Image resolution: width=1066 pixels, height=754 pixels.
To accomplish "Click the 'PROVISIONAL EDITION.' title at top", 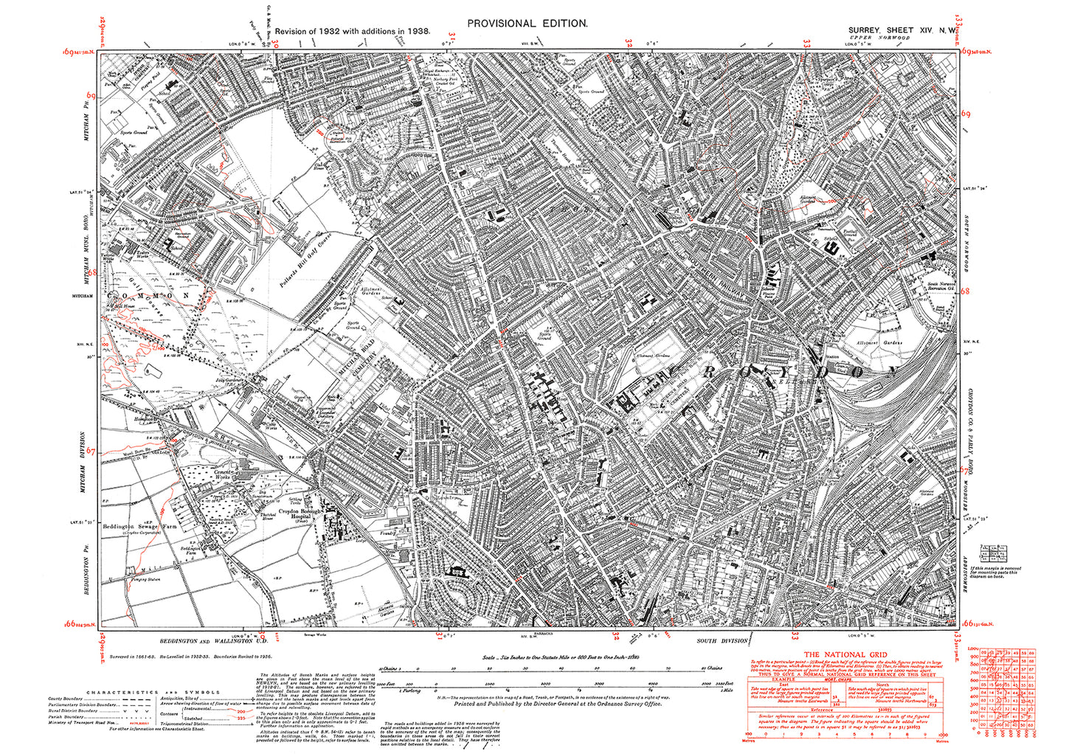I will (x=527, y=24).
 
